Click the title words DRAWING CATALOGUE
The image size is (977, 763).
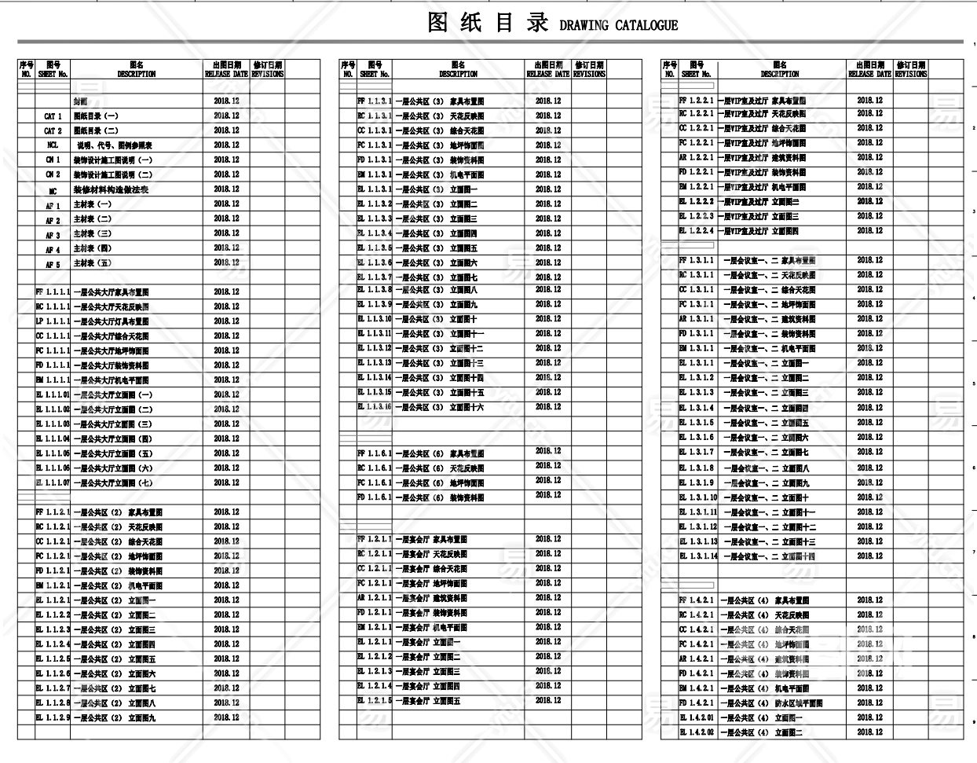point(618,25)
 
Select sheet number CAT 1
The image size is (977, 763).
point(53,116)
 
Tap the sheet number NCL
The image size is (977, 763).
point(53,145)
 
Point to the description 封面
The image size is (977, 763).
point(81,101)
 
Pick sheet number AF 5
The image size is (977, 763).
point(53,264)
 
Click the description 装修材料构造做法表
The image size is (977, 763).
point(111,189)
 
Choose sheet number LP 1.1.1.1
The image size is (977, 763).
point(53,321)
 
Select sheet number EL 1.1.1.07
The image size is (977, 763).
point(53,483)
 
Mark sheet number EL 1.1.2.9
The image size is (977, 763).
point(53,717)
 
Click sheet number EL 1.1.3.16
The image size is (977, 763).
point(374,407)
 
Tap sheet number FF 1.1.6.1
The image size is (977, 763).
point(374,453)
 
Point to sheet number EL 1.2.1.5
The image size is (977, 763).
point(374,701)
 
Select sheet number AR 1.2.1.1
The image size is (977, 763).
point(374,598)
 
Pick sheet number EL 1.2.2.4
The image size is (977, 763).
point(696,231)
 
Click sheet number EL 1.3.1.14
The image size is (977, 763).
point(697,556)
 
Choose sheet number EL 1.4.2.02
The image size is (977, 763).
point(697,732)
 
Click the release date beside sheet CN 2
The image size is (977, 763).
point(226,174)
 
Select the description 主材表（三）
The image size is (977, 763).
point(93,234)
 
